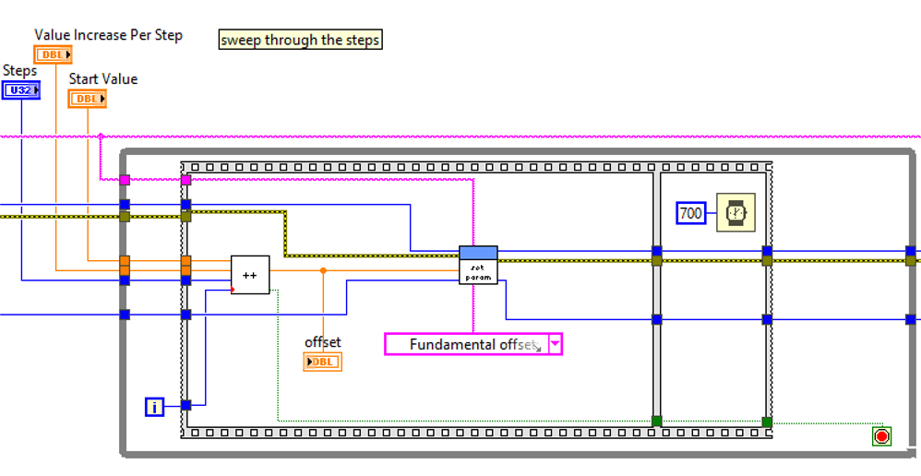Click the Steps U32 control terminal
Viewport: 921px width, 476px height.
click(20, 89)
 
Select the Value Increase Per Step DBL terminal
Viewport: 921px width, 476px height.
click(54, 54)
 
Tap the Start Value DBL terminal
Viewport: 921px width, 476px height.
click(87, 98)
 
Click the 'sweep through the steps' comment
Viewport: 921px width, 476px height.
click(300, 40)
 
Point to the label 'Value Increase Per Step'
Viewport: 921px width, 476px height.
click(108, 35)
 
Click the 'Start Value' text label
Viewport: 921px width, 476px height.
click(102, 79)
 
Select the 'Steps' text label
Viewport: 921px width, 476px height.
click(19, 70)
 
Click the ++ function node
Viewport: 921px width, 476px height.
click(250, 275)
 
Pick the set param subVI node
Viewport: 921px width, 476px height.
click(478, 265)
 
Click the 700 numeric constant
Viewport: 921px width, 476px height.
click(690, 213)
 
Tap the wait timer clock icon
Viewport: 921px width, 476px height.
click(736, 213)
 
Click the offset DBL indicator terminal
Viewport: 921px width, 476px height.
click(322, 362)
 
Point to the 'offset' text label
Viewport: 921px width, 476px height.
click(322, 342)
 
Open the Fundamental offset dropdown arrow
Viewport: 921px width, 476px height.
click(555, 344)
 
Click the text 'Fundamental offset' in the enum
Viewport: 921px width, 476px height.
click(471, 344)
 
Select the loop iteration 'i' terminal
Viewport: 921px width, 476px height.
click(155, 406)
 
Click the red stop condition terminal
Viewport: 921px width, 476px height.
click(881, 435)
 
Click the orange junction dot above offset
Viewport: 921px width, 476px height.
click(323, 270)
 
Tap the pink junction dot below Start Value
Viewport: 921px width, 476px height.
click(101, 136)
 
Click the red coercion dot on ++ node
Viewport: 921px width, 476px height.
click(233, 290)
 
